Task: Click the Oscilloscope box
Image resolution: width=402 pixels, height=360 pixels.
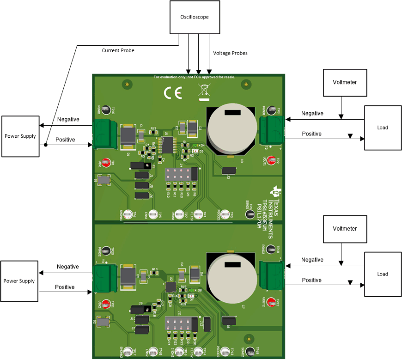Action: point(194,17)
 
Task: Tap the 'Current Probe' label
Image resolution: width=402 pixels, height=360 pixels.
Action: point(118,50)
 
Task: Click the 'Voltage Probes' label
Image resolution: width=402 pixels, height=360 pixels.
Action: point(230,53)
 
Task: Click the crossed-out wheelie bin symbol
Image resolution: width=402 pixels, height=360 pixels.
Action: point(204,92)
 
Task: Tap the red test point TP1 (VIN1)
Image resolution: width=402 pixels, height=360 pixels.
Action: point(105,163)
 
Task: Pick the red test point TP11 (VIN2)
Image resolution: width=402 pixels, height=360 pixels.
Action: point(106,304)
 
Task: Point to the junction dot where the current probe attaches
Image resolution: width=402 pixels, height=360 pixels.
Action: point(46,145)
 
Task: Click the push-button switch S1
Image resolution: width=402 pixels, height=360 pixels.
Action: point(103,180)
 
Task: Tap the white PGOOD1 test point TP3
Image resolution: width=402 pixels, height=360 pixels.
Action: point(225,214)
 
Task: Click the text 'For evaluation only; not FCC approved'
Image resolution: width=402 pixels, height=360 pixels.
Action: point(195,77)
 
